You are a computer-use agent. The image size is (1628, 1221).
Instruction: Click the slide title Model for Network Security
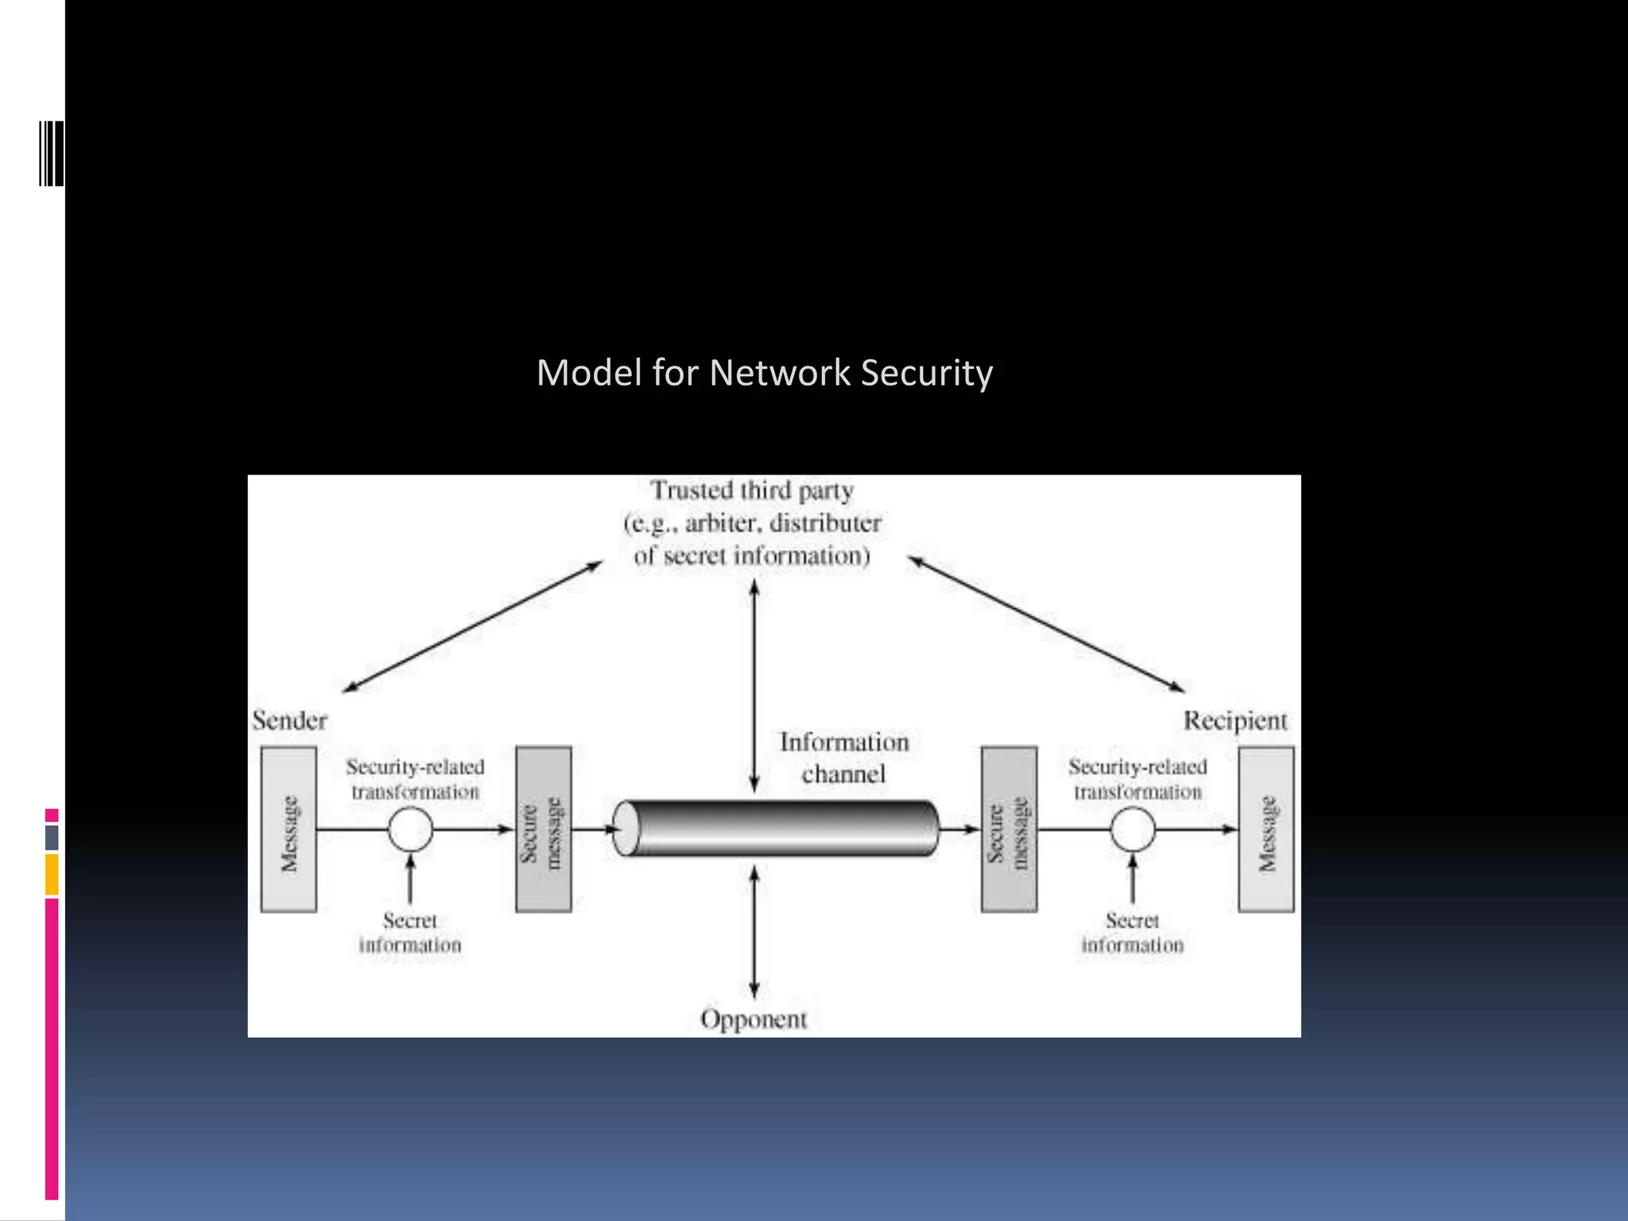pos(764,373)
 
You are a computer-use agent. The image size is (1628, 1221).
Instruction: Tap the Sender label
pos(289,720)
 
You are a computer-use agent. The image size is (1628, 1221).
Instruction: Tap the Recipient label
pos(1235,720)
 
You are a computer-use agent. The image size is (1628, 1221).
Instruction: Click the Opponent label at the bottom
pos(753,1019)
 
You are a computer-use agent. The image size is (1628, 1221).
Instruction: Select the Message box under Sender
pos(289,829)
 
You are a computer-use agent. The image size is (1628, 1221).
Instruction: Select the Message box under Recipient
pos(1266,829)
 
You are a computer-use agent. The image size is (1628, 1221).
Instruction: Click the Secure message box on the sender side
pos(543,829)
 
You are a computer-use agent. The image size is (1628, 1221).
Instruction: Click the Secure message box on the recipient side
pos(1008,829)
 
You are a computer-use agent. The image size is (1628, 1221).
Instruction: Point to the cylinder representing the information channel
pos(775,828)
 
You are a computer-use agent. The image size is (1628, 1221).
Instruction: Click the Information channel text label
pos(843,758)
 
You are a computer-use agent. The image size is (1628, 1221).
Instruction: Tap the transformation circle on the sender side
pos(410,829)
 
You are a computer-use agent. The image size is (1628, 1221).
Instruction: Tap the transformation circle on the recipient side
pos(1132,829)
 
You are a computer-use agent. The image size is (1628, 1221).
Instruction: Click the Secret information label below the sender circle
pos(410,932)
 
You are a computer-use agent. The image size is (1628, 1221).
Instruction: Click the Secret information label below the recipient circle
pos(1132,932)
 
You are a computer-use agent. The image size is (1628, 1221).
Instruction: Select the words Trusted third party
pos(752,490)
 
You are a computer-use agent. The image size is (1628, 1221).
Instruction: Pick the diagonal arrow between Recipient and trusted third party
pos(1046,625)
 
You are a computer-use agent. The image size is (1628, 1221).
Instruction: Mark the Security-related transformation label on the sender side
pos(415,779)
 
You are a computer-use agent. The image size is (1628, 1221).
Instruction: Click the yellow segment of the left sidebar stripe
pos(52,874)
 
